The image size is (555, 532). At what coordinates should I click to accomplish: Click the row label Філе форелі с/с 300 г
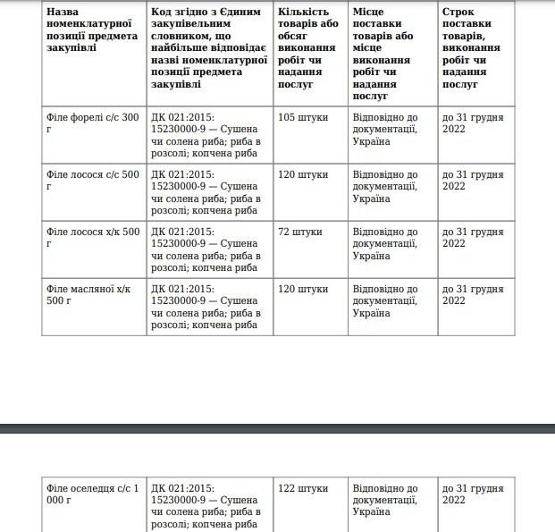point(93,122)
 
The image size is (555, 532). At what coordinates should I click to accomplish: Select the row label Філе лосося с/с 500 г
point(93,180)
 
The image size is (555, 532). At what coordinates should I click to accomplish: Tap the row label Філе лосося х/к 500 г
point(93,237)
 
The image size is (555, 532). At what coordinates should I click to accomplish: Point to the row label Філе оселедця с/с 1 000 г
point(93,494)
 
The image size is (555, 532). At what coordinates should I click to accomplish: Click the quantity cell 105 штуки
point(303,117)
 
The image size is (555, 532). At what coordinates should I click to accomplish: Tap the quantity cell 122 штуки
point(303,488)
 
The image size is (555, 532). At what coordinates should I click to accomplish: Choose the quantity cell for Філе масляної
point(303,289)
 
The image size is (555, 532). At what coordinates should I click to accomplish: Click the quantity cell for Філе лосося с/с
point(303,174)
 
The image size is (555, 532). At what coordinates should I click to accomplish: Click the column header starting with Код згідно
point(210,47)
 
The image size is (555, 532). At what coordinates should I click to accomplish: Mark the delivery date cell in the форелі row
point(473,122)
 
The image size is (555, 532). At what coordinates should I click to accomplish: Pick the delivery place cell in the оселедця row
point(385,500)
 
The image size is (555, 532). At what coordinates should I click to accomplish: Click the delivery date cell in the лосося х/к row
point(473,237)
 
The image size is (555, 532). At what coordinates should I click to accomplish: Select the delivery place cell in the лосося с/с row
point(385,186)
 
